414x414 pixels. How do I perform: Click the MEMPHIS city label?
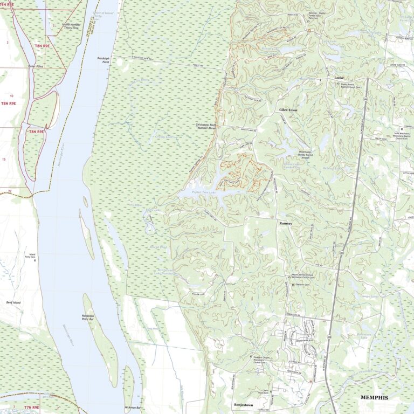point(374,397)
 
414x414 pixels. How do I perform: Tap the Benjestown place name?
point(244,404)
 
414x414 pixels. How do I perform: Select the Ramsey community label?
point(286,223)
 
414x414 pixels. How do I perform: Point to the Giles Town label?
point(288,110)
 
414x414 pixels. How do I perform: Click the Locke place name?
point(339,78)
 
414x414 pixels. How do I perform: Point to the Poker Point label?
point(36,66)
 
